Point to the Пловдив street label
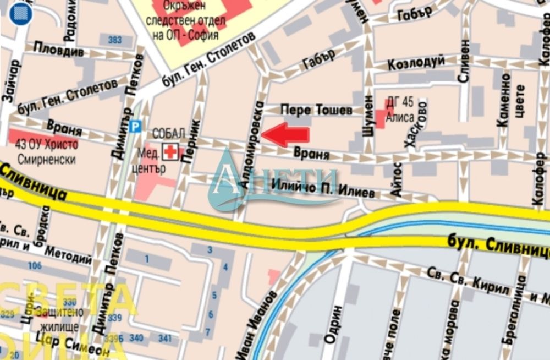[x=59, y=50]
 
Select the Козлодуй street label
[x=416, y=63]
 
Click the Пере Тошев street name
[x=316, y=110]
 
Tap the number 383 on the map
[x=116, y=40]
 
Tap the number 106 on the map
[x=34, y=266]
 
